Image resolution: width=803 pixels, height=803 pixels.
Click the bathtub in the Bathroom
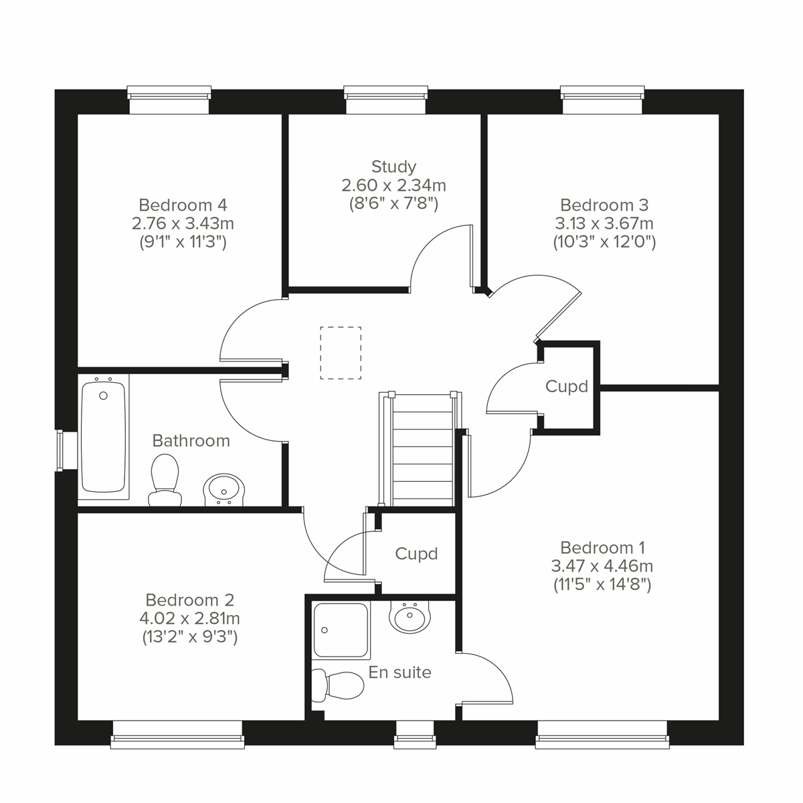click(x=103, y=438)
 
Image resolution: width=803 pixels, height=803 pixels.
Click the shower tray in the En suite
click(x=341, y=629)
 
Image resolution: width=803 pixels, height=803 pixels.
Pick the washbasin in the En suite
click(x=409, y=617)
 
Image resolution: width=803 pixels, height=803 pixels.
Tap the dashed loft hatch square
click(x=341, y=353)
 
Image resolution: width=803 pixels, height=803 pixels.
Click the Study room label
click(x=393, y=167)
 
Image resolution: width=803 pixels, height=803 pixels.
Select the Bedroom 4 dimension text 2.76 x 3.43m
click(x=183, y=223)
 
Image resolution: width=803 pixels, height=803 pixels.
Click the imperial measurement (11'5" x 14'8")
click(x=602, y=584)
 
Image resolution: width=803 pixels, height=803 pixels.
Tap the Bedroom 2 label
click(x=189, y=600)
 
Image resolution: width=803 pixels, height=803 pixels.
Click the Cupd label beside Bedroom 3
click(x=566, y=386)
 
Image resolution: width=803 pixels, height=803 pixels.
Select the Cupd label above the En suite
click(x=416, y=553)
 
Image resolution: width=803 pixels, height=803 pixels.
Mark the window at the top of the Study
click(x=385, y=99)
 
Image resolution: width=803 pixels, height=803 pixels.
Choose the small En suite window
click(x=414, y=734)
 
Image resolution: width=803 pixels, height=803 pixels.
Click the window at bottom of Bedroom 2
click(x=177, y=734)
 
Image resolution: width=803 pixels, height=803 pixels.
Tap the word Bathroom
click(x=191, y=440)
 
